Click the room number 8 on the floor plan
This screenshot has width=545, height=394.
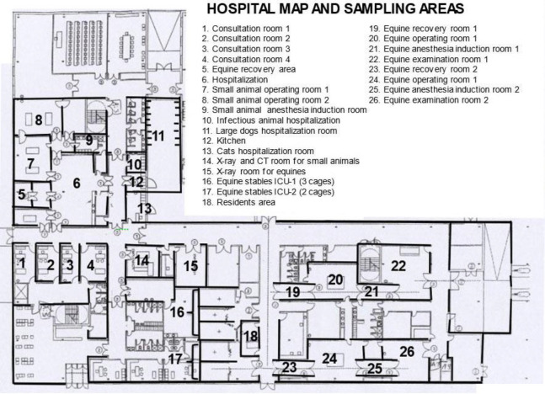coord(39,120)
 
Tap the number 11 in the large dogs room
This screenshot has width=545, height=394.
coord(158,136)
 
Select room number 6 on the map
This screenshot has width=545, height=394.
coord(77,183)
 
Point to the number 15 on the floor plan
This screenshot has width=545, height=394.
coord(191,266)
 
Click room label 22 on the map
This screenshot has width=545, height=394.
coord(398,266)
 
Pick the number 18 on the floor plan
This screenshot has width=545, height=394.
coord(251,336)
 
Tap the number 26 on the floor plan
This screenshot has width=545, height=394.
coord(407,352)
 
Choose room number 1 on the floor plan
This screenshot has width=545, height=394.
coord(23,263)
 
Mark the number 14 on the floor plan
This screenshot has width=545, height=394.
coord(142,260)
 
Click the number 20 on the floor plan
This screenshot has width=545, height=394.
coord(336,280)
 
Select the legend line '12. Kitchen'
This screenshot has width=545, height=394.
coord(224,141)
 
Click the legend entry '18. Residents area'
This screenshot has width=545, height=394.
coord(238,202)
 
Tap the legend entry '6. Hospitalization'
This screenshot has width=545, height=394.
coord(235,80)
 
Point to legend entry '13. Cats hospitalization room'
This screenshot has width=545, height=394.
coord(258,152)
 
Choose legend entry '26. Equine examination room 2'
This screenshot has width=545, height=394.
coord(429,100)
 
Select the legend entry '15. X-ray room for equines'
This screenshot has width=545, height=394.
coord(254,171)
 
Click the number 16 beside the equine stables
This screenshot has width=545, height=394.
coord(177,312)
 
